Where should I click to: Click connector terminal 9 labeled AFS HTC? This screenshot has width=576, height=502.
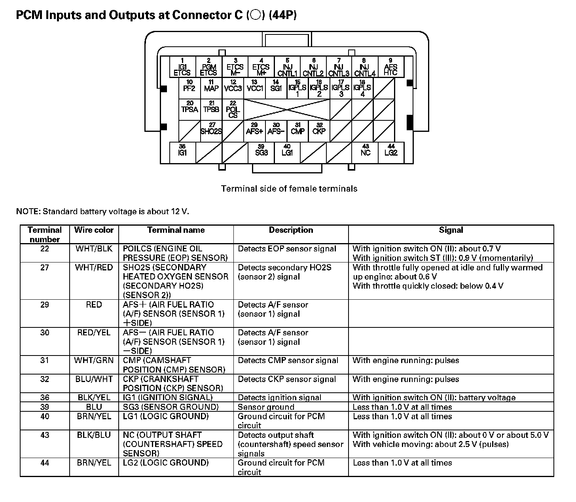point(390,67)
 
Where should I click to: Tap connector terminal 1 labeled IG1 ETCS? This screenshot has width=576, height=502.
point(182,67)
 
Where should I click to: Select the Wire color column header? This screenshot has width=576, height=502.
point(94,230)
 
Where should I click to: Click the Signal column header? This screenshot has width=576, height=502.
point(451,230)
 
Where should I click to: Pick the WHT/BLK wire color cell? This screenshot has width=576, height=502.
point(94,249)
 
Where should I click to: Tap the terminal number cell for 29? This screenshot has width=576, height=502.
point(45,305)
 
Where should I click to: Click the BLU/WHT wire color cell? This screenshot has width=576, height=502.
point(94,379)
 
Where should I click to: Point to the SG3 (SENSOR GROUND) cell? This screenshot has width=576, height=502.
point(171,407)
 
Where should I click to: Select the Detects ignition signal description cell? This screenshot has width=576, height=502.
point(279,398)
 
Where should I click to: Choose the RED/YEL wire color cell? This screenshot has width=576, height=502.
point(94,333)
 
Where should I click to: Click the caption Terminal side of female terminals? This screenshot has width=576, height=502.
point(289,189)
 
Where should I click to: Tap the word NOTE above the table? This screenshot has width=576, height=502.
point(28,211)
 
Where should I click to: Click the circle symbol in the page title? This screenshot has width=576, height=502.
point(256,15)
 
